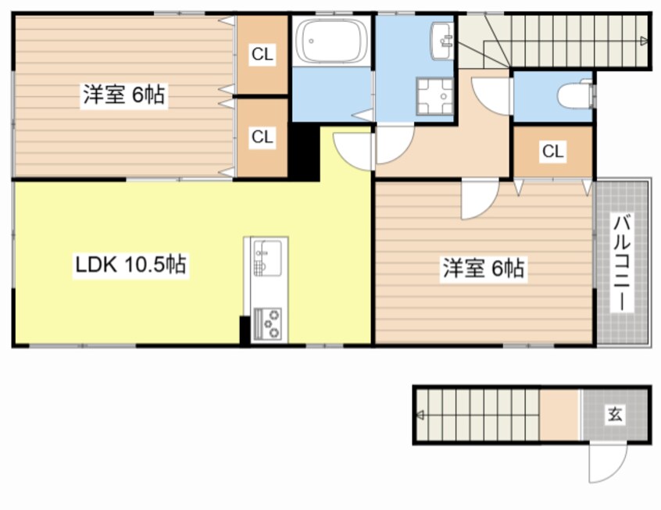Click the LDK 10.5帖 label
coord(130,264)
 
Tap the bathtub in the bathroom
coord(331,41)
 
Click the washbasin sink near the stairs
coord(441,41)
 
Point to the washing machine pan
coord(434,96)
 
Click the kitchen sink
coord(268,258)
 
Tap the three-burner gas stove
coord(268,323)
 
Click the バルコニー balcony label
coord(622,262)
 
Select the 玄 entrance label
coord(615,414)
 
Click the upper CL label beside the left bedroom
coord(263,54)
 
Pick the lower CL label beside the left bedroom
coord(263,137)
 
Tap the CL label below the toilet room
coord(552,151)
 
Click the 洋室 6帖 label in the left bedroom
coord(124,95)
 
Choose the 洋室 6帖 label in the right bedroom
coord(484,268)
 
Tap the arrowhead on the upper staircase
coord(644,41)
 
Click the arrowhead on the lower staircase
coord(420,415)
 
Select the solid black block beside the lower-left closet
coord(303,152)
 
